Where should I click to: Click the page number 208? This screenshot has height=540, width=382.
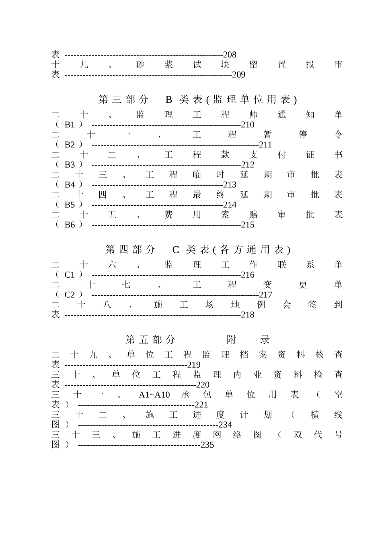(230, 55)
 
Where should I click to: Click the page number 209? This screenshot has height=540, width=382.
(238, 75)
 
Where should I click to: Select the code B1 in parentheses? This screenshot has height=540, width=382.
(70, 125)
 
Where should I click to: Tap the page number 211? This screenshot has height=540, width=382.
(265, 145)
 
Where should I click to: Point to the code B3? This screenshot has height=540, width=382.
(70, 165)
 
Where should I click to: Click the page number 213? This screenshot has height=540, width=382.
(230, 185)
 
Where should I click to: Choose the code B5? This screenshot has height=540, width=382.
(70, 205)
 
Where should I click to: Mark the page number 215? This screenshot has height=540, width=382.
(248, 225)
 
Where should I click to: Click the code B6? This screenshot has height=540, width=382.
(70, 225)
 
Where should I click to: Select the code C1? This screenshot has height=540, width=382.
(70, 275)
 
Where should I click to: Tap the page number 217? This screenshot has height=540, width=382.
(265, 295)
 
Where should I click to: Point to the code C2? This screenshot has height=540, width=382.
(70, 295)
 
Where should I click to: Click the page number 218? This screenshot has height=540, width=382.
(248, 315)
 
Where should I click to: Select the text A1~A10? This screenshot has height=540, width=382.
(154, 395)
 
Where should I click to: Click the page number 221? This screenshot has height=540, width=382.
(201, 405)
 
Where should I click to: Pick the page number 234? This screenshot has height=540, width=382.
(225, 425)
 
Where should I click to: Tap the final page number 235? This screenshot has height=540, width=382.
(207, 445)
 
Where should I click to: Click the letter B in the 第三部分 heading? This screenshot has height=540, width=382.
(169, 100)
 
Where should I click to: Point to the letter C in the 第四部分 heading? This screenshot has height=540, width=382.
(175, 250)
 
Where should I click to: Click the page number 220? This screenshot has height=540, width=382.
(203, 385)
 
